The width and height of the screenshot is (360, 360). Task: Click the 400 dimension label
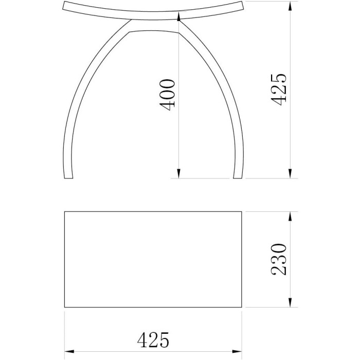(x=167, y=95)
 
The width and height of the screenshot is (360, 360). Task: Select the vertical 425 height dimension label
(x=279, y=90)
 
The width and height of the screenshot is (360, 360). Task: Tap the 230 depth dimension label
(x=279, y=259)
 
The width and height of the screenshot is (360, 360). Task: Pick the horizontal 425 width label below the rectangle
(x=153, y=339)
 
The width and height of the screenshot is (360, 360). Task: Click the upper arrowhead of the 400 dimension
(x=178, y=16)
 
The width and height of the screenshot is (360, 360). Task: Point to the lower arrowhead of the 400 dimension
(x=178, y=174)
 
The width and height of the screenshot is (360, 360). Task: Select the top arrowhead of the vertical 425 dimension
(x=290, y=6)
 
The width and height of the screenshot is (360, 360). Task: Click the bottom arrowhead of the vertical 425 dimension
(x=290, y=174)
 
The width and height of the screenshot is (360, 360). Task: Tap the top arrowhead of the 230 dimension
(x=290, y=217)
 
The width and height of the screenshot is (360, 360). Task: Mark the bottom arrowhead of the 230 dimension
(x=290, y=302)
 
